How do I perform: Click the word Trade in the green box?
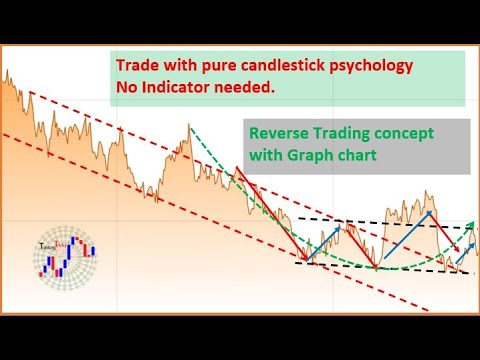coord(137,66)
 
